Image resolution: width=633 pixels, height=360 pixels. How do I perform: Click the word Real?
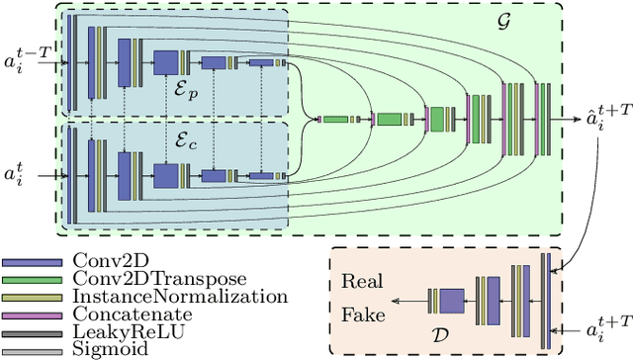[x=361, y=280]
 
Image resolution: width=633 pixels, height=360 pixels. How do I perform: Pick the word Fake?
[x=361, y=316]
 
